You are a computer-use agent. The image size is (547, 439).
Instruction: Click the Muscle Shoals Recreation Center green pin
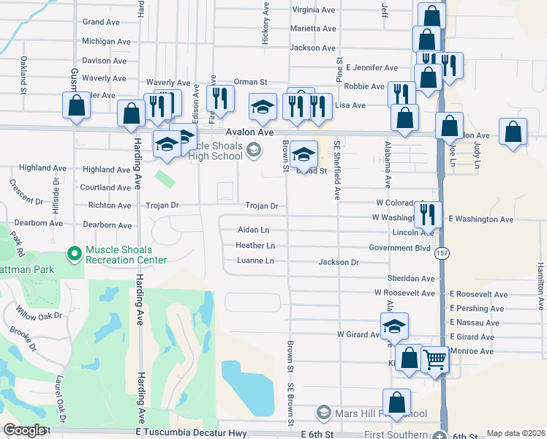74,254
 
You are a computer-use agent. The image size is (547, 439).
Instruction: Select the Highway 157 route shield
441,252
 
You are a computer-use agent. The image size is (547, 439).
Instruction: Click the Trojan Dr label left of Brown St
261,206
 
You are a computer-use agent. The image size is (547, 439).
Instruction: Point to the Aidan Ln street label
253,230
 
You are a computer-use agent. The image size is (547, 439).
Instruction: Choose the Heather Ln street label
255,246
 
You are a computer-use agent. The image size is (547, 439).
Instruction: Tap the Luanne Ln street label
254,261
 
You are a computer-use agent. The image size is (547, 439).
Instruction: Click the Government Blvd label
399,248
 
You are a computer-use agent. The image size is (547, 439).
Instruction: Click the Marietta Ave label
313,29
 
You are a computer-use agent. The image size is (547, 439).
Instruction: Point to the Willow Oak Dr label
41,317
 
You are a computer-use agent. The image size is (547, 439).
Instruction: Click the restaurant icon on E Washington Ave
428,214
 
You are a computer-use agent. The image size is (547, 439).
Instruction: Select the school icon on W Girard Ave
394,326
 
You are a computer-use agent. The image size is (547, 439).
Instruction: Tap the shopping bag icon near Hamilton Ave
514,132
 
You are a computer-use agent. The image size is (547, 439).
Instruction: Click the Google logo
24,430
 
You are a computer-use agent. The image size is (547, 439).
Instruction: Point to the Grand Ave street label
101,23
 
